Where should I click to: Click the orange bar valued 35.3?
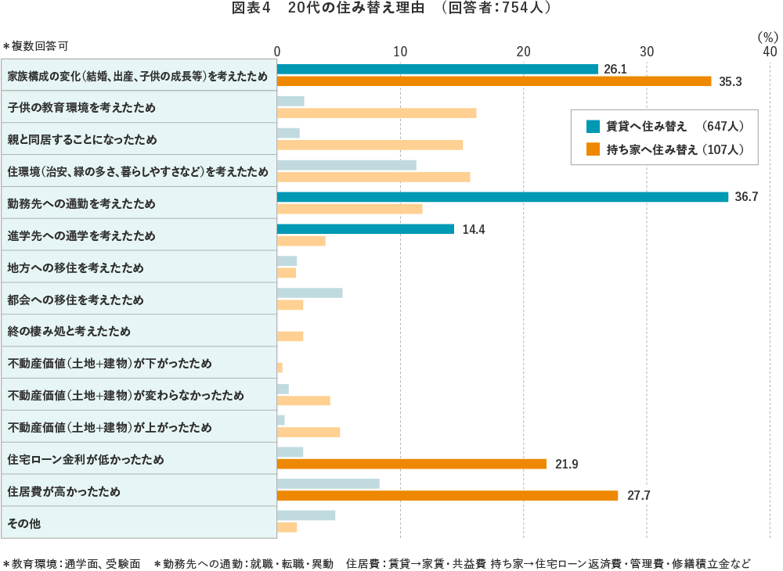494,81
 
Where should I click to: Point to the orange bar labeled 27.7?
447,495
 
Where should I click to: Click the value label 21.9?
566,465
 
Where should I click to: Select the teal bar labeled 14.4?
366,229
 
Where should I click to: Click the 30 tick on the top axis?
647,51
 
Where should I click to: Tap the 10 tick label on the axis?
400,51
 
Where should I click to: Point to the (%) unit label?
767,36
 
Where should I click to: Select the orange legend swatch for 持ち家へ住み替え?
593,149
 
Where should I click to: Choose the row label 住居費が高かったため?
64,491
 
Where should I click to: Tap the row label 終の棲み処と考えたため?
69,331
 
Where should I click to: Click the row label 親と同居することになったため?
82,139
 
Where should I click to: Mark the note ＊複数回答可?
41,46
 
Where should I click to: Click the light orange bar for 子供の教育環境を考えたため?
377,113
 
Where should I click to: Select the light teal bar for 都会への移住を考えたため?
310,293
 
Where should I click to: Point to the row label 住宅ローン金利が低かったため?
86,459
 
